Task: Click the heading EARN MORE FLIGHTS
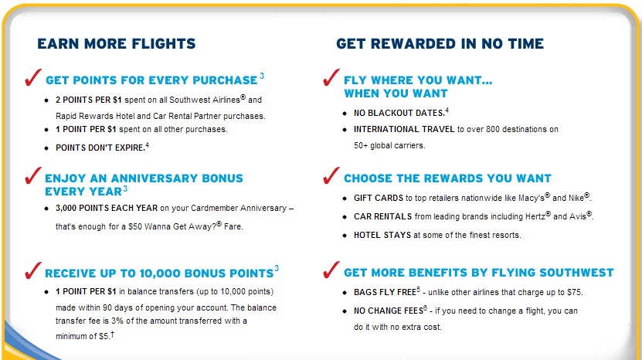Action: click(x=117, y=44)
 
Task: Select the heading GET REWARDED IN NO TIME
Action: click(x=440, y=44)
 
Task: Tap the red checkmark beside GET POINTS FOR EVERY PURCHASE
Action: click(x=32, y=77)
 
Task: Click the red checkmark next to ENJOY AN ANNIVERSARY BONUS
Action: click(x=32, y=175)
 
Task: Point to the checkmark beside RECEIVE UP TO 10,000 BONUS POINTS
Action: click(x=32, y=270)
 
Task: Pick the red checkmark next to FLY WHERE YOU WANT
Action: click(x=331, y=77)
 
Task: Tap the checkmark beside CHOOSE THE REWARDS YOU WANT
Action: click(x=331, y=175)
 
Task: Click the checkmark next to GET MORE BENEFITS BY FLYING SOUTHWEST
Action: click(x=331, y=270)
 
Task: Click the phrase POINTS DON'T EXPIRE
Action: click(x=100, y=148)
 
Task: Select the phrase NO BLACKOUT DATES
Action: click(x=399, y=113)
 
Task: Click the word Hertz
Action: click(x=535, y=216)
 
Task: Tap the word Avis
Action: click(x=578, y=216)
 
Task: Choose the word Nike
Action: click(x=576, y=199)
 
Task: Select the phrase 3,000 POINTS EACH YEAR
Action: click(x=107, y=208)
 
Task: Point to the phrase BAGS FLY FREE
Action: click(x=385, y=293)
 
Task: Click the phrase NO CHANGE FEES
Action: click(x=388, y=311)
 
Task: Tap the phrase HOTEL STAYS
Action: click(x=382, y=235)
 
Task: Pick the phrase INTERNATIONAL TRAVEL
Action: click(x=404, y=130)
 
